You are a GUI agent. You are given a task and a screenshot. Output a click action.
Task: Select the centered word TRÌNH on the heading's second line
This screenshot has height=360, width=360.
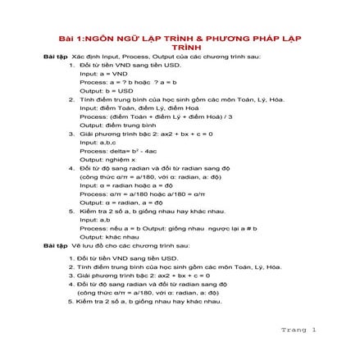pyautogui.click(x=180, y=48)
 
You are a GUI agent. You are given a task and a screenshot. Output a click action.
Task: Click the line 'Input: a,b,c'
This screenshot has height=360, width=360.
pyautogui.click(x=94, y=141)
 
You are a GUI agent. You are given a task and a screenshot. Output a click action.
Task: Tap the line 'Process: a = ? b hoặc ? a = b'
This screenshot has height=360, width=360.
pyautogui.click(x=119, y=82)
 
